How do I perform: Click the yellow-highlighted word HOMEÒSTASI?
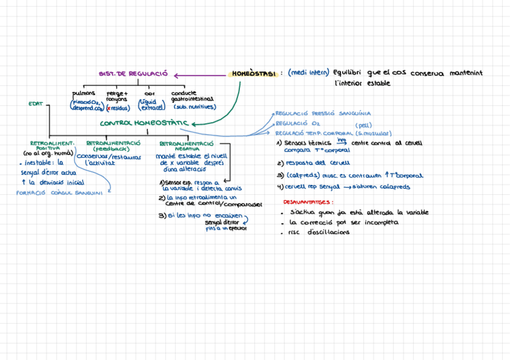(253, 74)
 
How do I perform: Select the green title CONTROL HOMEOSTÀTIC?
(144, 123)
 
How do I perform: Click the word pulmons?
(83, 94)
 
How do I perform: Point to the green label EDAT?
(35, 104)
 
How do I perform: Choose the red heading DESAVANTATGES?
(308, 202)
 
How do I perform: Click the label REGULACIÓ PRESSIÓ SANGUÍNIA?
(323, 113)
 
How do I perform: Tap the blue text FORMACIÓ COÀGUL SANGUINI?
(59, 193)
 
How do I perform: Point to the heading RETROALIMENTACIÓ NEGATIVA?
(187, 146)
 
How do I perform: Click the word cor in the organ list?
(149, 94)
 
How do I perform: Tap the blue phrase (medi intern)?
(308, 73)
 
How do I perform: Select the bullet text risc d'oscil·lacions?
(319, 232)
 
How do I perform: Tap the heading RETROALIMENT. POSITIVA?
(52, 146)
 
